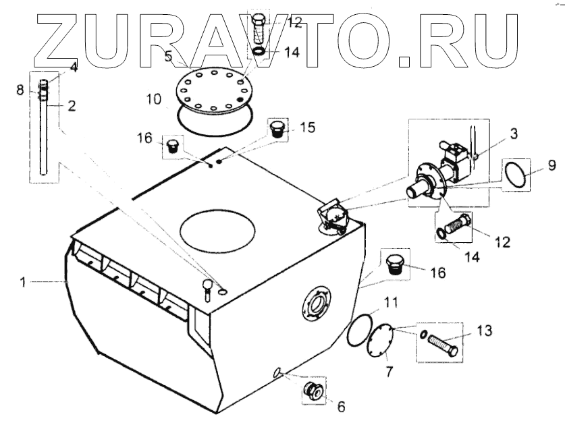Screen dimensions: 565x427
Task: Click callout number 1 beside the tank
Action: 23,283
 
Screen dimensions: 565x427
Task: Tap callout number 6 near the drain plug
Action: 340,407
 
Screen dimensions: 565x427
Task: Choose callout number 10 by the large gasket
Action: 153,101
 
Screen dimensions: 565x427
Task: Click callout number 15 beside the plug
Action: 307,126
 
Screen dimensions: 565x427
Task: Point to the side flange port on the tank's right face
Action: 317,306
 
